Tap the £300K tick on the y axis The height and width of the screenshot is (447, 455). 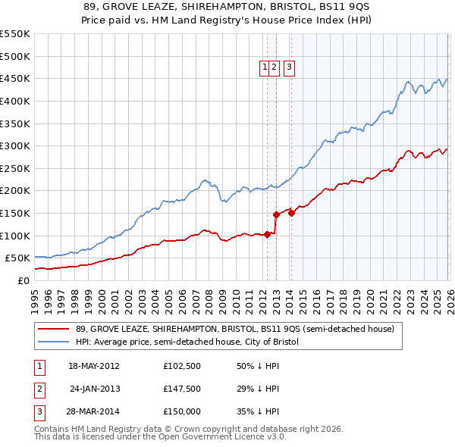[15, 145]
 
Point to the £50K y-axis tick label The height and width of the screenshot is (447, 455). [18, 258]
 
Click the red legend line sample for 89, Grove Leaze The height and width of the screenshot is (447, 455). [53, 330]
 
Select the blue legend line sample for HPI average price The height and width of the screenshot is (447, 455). [53, 342]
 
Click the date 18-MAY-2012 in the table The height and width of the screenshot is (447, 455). [93, 366]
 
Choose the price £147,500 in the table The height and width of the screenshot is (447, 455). [182, 389]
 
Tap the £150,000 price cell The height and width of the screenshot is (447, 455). [182, 411]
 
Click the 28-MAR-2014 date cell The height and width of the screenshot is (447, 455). [93, 411]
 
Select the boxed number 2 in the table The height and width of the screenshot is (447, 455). [39, 389]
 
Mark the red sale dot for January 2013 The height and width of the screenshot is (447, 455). [276, 214]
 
